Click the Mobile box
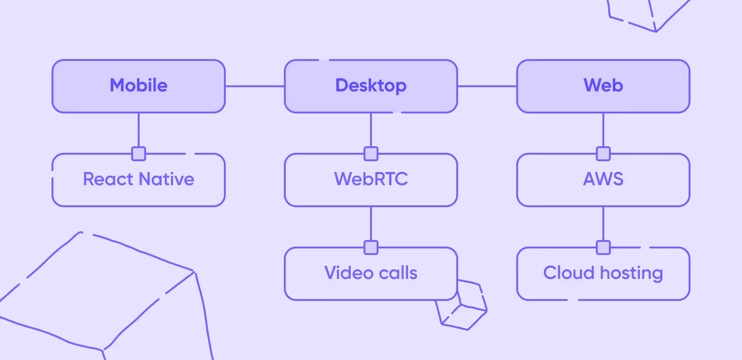(x=139, y=86)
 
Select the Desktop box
(x=371, y=86)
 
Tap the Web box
(x=603, y=86)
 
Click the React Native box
(x=139, y=180)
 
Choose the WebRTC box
(x=371, y=180)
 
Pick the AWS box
(x=603, y=180)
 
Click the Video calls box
(x=371, y=274)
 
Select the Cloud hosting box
(x=603, y=274)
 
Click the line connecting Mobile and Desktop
(x=255, y=86)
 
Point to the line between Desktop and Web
(x=487, y=86)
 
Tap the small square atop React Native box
(x=139, y=154)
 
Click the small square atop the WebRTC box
(x=371, y=154)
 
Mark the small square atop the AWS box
(x=603, y=154)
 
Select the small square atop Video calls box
(x=371, y=247)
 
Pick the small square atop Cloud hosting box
(x=603, y=247)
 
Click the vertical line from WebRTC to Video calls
(x=371, y=224)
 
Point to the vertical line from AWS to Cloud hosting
(x=603, y=224)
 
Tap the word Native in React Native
(x=166, y=180)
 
